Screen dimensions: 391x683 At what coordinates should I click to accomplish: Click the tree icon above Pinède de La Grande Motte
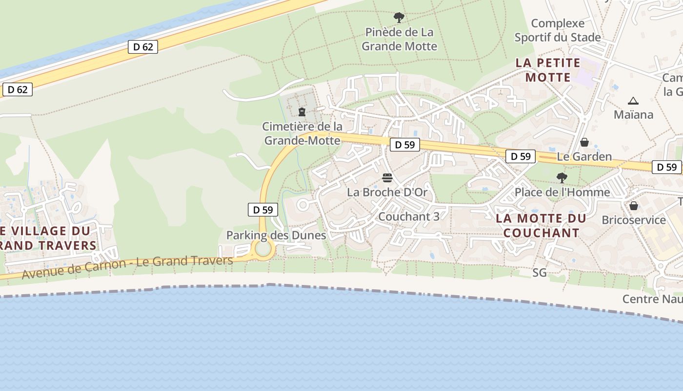399,18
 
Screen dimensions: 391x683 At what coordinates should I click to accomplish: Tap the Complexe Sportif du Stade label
558,30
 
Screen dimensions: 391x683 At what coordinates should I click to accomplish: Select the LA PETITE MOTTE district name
548,70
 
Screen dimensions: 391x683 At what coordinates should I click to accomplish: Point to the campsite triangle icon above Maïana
633,101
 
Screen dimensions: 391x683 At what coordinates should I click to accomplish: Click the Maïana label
633,114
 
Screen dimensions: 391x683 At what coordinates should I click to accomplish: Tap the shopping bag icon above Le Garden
584,142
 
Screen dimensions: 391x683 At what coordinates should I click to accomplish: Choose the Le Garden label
584,156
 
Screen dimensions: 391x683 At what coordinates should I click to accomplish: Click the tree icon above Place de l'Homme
562,177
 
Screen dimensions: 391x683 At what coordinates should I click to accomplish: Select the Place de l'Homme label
562,192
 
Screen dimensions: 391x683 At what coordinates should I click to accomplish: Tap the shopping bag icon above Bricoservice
633,206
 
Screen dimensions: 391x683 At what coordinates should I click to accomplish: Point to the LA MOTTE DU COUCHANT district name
541,225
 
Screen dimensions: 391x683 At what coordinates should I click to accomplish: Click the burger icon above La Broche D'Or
387,177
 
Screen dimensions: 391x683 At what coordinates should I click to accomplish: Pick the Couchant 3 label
408,217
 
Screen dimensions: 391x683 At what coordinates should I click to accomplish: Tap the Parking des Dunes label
276,235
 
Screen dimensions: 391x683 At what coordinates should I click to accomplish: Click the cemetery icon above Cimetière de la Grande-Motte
301,112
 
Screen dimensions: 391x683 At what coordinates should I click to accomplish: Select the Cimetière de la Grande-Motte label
302,133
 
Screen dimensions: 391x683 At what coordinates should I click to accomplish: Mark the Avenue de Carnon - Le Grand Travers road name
127,267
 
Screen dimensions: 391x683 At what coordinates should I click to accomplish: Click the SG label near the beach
539,273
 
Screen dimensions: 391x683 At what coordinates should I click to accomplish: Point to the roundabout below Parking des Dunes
263,249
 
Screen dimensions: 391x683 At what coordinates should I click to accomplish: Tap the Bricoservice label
633,220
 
